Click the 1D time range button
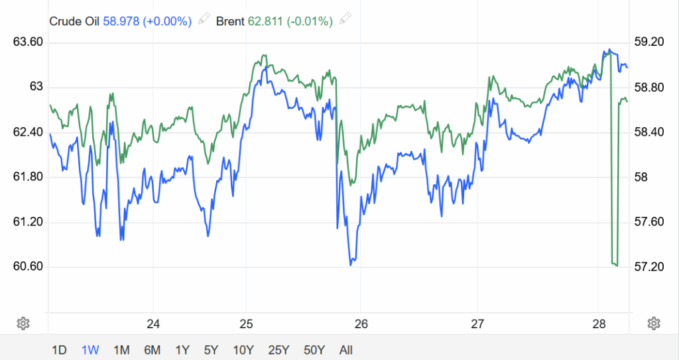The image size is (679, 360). pos(59,349)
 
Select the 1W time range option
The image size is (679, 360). pos(90,349)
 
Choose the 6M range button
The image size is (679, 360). pos(152,349)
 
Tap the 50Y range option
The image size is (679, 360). pos(314,349)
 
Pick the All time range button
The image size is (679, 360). pos(345,349)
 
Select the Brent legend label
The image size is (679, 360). pos(231,21)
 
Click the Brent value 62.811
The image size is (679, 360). pos(266,21)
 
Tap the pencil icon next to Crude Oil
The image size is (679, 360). pos(204,20)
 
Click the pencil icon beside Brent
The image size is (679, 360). pos(344,20)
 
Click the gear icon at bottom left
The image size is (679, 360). pos(23,324)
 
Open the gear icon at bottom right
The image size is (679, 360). pos(654,324)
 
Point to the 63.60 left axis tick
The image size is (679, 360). pos(28,42)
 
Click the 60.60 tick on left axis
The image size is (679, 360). pos(28,267)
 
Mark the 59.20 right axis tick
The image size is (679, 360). pos(649,42)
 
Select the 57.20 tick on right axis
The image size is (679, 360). pos(649,267)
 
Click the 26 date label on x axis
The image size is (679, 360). pos(361,324)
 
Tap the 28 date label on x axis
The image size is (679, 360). pos(599,324)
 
